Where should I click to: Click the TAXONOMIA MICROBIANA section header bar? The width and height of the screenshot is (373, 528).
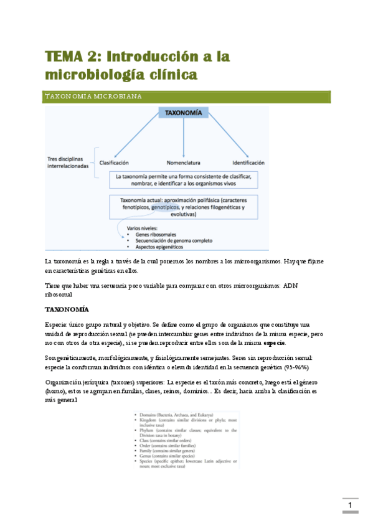186,97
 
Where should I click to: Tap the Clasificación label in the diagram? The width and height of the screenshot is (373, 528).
114,162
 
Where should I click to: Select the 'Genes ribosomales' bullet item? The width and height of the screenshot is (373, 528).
156,235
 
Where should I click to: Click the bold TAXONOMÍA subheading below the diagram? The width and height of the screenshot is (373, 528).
67,309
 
